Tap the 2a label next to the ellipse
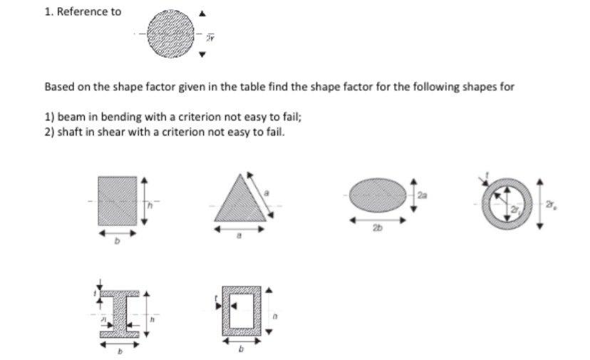pyautogui.click(x=422, y=194)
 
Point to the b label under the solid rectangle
pyautogui.click(x=118, y=242)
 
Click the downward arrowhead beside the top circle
pyautogui.click(x=202, y=54)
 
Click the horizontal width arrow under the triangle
pyautogui.click(x=239, y=231)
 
